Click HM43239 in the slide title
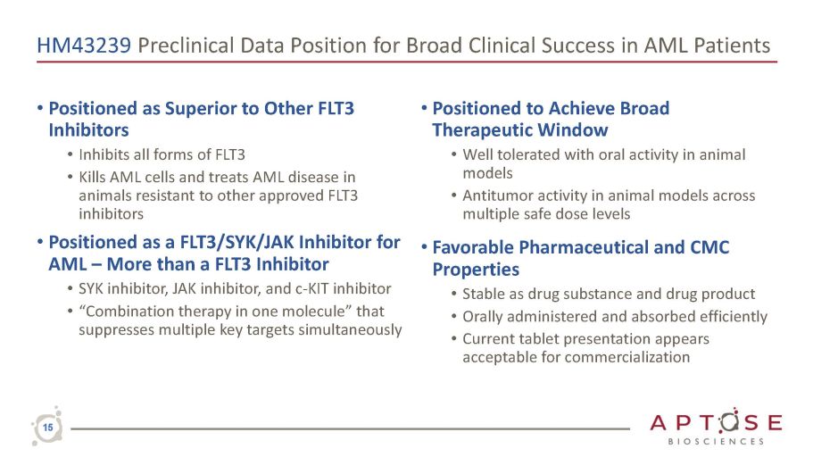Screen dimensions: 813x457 pyautogui.click(x=84, y=46)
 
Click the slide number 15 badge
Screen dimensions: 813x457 pyautogui.click(x=47, y=428)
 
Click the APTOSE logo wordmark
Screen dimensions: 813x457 pyautogui.click(x=716, y=422)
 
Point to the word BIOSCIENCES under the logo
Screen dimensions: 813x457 pyautogui.click(x=716, y=442)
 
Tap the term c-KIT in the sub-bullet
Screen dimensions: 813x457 pyautogui.click(x=311, y=288)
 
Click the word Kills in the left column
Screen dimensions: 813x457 pyautogui.click(x=91, y=177)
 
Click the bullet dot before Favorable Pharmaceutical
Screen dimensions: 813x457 pyautogui.click(x=424, y=247)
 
